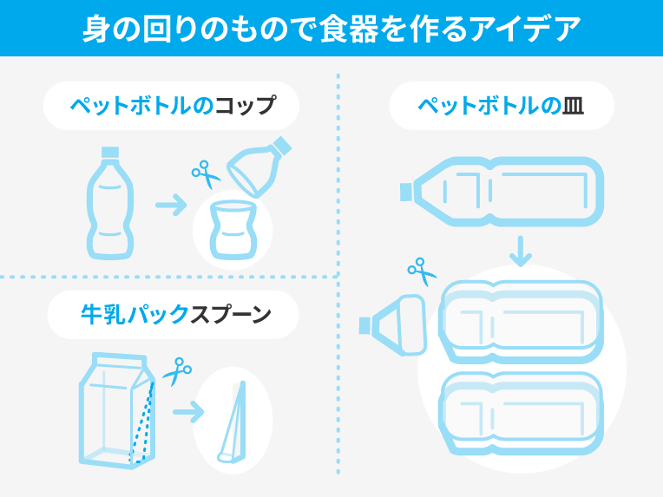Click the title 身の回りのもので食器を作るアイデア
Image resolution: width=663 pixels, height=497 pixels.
point(331,29)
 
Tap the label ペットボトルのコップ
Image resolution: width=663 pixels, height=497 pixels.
point(173,105)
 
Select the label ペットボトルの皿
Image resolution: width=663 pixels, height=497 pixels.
point(501,106)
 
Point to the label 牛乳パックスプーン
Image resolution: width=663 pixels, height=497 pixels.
point(176,314)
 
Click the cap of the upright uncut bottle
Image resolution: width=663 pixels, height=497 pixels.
point(110,153)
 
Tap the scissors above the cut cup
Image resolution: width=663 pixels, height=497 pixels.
point(206,173)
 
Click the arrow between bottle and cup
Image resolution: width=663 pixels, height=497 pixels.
point(171,205)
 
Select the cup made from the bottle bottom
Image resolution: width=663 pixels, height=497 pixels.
point(233,230)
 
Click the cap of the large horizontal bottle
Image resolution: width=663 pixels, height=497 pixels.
point(406,192)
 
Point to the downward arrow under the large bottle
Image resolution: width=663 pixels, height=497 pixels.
point(521,251)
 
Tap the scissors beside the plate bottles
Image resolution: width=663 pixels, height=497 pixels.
point(422,271)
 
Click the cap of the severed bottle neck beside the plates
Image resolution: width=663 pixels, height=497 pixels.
point(364,326)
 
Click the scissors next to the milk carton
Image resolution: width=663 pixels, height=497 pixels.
point(177,371)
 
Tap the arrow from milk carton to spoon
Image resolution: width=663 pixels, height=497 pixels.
point(188,412)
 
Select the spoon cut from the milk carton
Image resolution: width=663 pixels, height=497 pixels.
point(233,422)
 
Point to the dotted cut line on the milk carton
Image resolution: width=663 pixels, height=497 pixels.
point(141,422)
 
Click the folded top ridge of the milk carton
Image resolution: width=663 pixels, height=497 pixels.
point(119,359)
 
